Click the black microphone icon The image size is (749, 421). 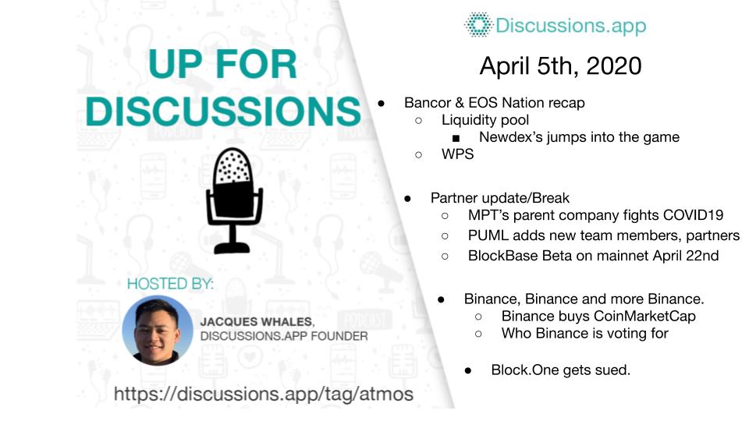click(x=233, y=200)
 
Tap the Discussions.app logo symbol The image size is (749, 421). click(x=477, y=25)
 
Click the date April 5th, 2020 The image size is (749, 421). click(x=560, y=65)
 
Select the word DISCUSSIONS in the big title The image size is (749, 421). click(x=223, y=111)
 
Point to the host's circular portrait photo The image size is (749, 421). click(x=157, y=331)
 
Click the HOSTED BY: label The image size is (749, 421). click(x=170, y=284)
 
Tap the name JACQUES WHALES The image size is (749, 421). click(x=257, y=322)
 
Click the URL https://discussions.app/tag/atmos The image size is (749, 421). click(x=263, y=394)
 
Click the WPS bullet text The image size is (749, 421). click(x=458, y=154)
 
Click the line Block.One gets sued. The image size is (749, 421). click(x=561, y=370)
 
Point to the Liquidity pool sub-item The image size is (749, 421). click(x=485, y=120)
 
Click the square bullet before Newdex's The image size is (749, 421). click(x=456, y=139)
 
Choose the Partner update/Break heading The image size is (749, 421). click(x=500, y=198)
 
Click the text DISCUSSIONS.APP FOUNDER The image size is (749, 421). click(x=284, y=337)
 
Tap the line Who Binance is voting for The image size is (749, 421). click(x=584, y=333)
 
